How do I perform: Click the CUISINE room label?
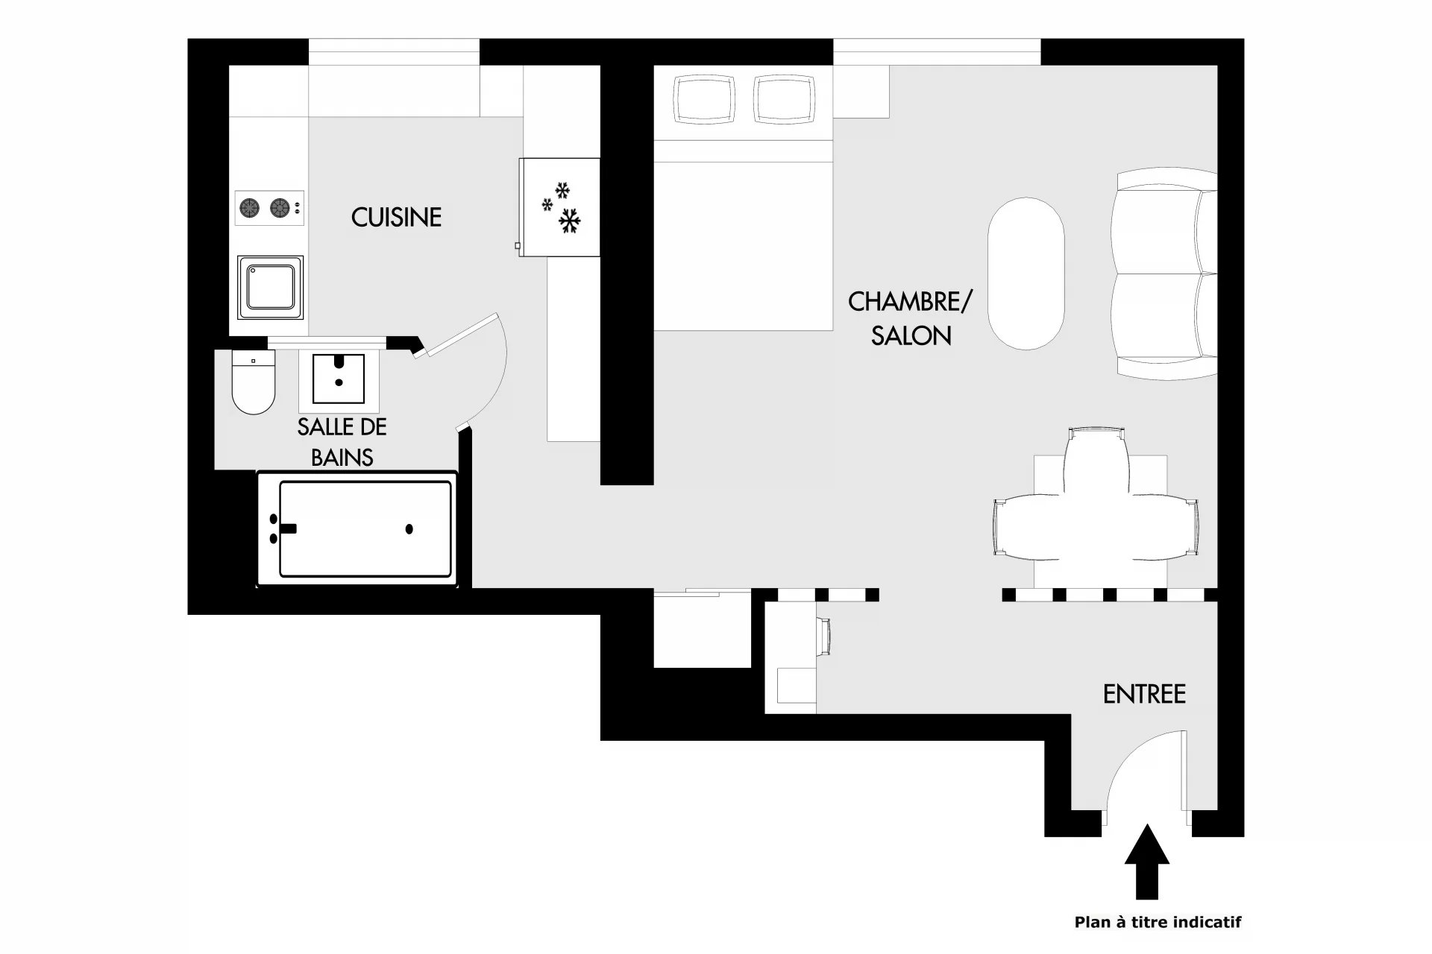tap(396, 217)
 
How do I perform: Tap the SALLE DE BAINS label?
tap(342, 442)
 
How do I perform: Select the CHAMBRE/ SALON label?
tap(911, 319)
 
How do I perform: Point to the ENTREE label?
tap(1144, 695)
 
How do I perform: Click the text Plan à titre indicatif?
tap(1158, 923)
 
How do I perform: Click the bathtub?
tap(357, 528)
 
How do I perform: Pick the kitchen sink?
tap(271, 287)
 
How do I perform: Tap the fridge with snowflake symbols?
tap(559, 207)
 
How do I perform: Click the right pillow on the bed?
tap(782, 99)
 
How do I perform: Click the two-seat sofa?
tap(1163, 274)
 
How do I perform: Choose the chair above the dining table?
tap(1096, 458)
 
